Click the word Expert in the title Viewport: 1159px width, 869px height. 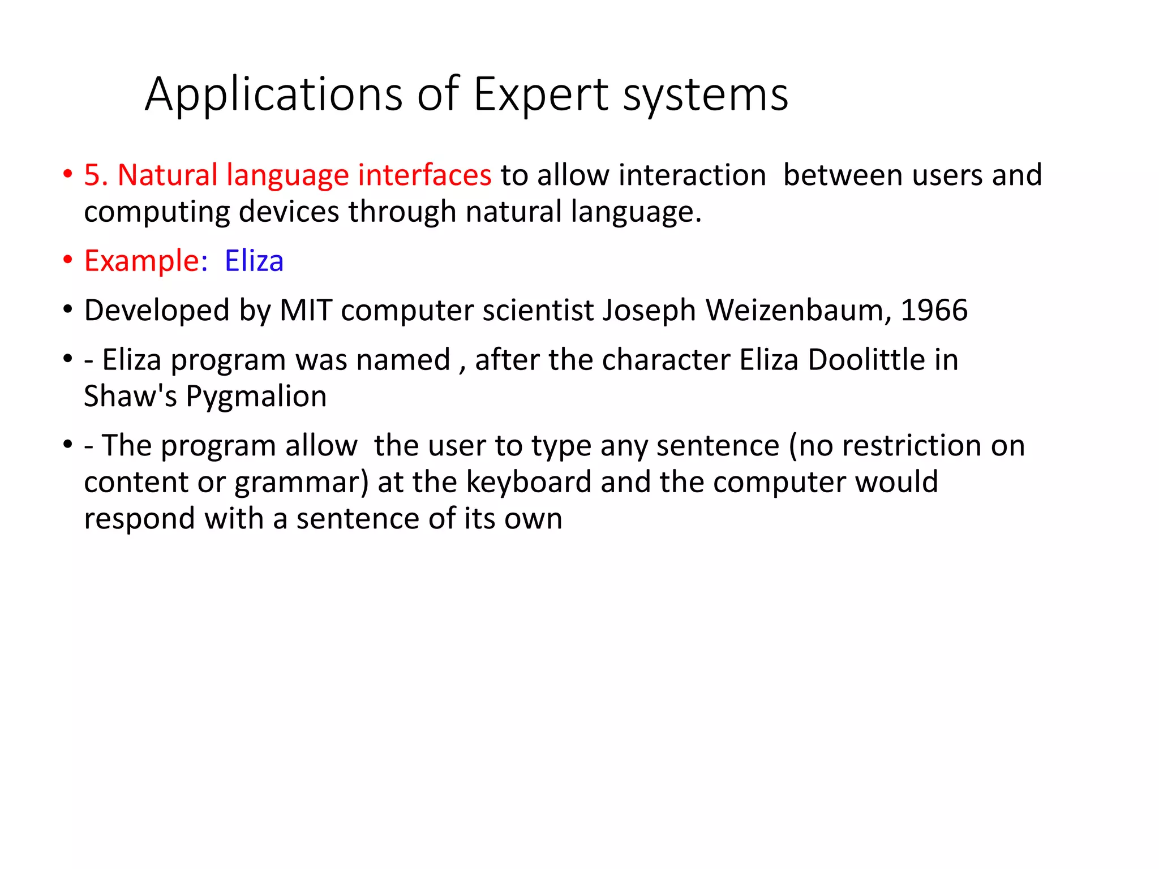541,94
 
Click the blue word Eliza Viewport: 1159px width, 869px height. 254,261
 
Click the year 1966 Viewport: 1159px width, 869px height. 934,310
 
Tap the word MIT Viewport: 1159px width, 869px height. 306,310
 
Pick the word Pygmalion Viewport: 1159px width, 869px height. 256,397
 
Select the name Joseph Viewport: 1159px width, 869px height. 649,310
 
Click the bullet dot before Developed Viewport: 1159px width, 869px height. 68,310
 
